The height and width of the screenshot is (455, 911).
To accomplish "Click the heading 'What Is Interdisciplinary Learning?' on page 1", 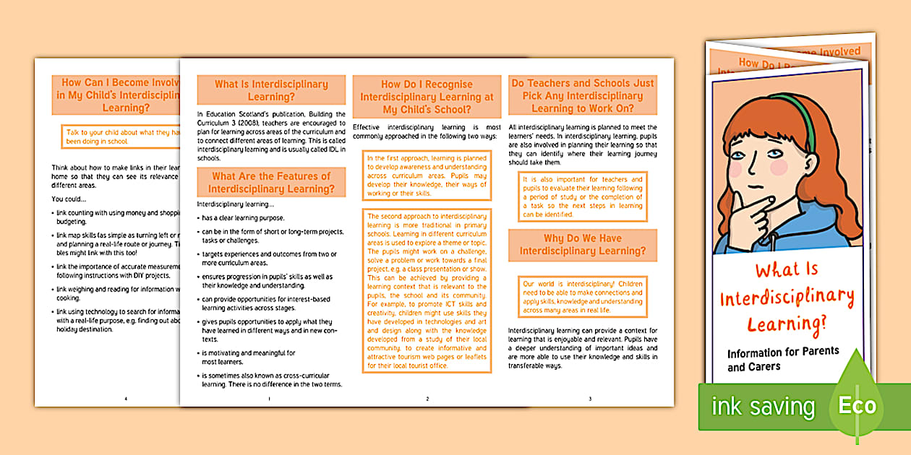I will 271,90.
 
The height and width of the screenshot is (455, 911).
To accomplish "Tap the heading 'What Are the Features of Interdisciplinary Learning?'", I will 271,182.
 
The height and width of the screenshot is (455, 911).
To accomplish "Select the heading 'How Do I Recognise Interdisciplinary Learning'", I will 427,97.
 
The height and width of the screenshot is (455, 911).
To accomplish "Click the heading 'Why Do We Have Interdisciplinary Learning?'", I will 583,245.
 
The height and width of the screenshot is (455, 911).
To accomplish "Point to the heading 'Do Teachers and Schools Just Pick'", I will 583,95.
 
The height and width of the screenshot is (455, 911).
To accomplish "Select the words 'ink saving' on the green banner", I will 763,407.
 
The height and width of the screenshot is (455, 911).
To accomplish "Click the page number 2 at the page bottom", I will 427,398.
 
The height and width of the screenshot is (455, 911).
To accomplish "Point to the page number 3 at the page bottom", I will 590,398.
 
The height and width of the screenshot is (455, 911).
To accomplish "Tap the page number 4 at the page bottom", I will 126,398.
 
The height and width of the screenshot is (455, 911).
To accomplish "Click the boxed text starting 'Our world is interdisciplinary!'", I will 583,297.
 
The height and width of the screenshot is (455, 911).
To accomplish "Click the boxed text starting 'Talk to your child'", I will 123,137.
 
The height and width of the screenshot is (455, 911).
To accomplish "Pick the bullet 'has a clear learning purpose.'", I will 243,217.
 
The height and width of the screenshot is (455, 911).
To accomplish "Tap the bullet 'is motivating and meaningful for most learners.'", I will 249,357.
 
